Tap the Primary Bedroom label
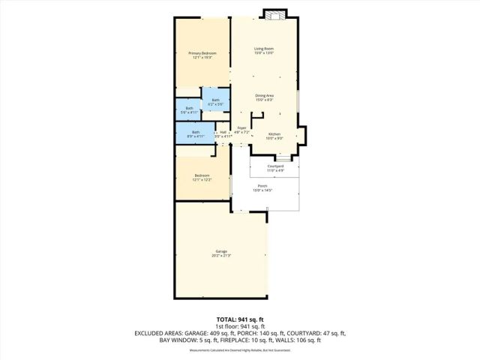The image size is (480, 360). pyautogui.click(x=202, y=55)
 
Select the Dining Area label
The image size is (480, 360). pyautogui.click(x=263, y=97)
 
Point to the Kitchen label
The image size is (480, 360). pyautogui.click(x=274, y=136)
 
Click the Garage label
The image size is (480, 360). pyautogui.click(x=221, y=253)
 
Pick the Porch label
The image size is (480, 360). pyautogui.click(x=262, y=187)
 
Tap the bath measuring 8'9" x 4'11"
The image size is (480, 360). pyautogui.click(x=196, y=133)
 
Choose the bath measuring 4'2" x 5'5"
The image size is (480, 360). pyautogui.click(x=215, y=102)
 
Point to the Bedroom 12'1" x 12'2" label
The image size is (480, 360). pyautogui.click(x=202, y=177)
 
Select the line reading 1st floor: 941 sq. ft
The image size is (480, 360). pyautogui.click(x=239, y=326)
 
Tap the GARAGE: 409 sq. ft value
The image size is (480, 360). pyautogui.click(x=204, y=333)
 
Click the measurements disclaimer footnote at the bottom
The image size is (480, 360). pyautogui.click(x=239, y=349)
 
